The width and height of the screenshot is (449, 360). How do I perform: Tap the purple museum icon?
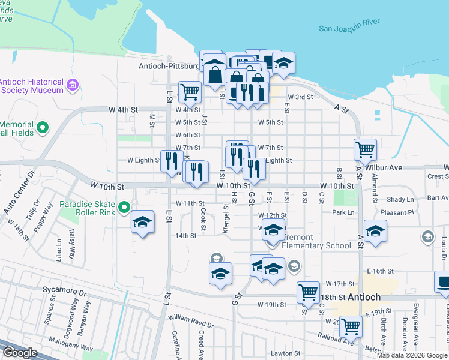point(73,85)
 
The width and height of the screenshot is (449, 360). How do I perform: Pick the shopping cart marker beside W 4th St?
point(190,92)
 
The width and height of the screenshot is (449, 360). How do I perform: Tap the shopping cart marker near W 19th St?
point(308,292)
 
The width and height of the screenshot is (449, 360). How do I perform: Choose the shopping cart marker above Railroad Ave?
point(351,326)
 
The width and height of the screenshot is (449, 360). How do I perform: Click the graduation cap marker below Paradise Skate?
point(142,222)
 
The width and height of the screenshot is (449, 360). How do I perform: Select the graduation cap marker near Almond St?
point(375,231)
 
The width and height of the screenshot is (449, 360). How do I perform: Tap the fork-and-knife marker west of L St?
point(172,161)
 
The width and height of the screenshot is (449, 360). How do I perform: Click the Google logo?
point(20,353)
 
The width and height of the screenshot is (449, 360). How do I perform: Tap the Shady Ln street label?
point(401,199)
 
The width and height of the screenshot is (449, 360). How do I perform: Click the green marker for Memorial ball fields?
point(42,127)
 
